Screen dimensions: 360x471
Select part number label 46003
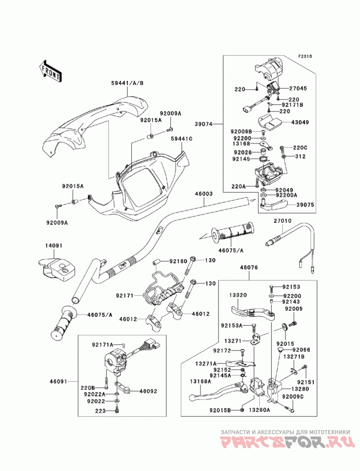pos(204,194)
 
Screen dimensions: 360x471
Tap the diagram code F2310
pos(305,56)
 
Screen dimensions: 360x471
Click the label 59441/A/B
pos(127,83)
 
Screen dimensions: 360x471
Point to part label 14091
pos(54,246)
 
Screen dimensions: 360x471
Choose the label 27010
pos(282,221)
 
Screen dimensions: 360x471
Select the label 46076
pos(249,267)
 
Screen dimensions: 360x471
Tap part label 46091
pos(58,381)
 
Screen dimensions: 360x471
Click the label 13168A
pos(200,381)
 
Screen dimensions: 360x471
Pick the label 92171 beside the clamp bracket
pos(124,296)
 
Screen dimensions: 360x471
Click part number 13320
pos(238,295)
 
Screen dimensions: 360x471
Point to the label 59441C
pos(181,139)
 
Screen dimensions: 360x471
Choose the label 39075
pos(306,205)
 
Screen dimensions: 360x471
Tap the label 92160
pos(178,261)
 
